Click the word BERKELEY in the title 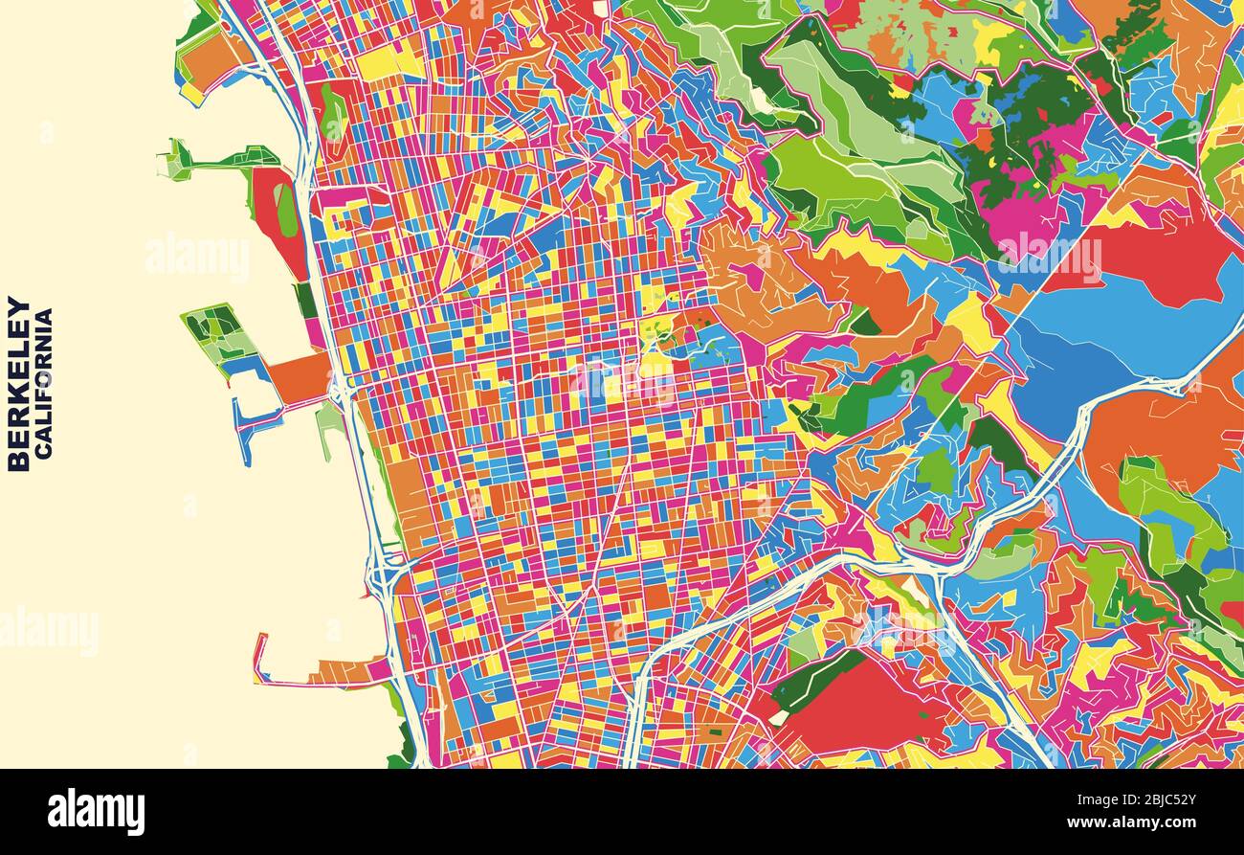pyautogui.click(x=18, y=383)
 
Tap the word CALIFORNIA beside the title pyautogui.click(x=44, y=383)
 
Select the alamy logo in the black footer pyautogui.click(x=96, y=812)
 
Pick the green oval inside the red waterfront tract pyautogui.click(x=285, y=211)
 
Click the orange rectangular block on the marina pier pyautogui.click(x=300, y=375)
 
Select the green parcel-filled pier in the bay pyautogui.click(x=218, y=331)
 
